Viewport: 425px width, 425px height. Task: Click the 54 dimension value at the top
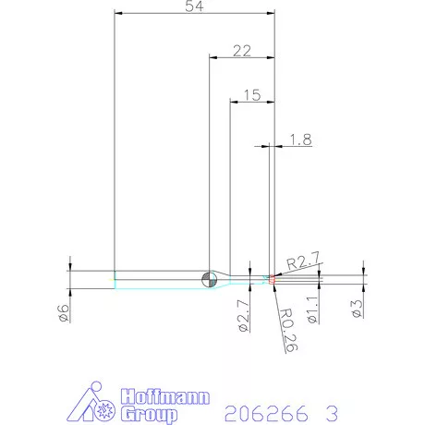[195, 6]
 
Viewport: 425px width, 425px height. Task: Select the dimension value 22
[242, 51]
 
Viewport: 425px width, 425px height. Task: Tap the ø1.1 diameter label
[311, 307]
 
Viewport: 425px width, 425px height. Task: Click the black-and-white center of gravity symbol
[210, 278]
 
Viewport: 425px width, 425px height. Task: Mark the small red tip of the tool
[273, 276]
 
